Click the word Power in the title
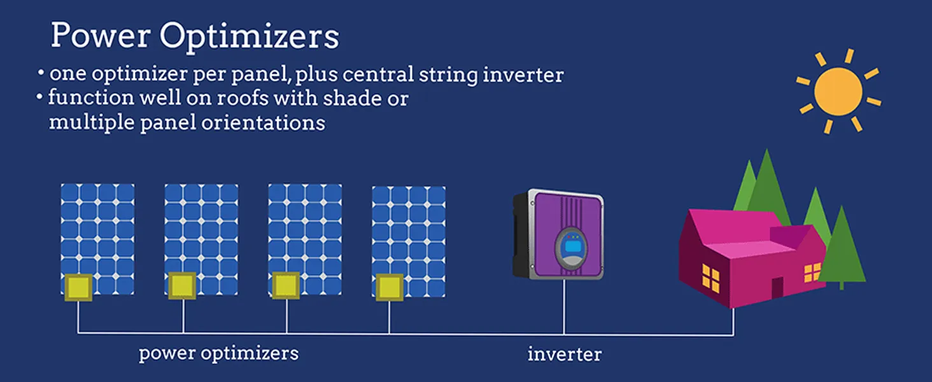(101, 35)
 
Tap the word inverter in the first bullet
(523, 75)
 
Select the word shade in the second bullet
(351, 98)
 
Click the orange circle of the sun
(838, 92)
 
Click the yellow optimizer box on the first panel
(78, 287)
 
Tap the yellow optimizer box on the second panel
(182, 286)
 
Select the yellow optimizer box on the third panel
(285, 285)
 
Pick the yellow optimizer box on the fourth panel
(389, 288)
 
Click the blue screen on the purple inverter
(572, 247)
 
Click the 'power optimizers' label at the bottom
(218, 354)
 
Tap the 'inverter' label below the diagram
(565, 355)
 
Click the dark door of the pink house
(777, 288)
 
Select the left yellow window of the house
(710, 278)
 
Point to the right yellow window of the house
(812, 272)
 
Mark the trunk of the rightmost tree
(842, 286)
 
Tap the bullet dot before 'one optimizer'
(41, 73)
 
